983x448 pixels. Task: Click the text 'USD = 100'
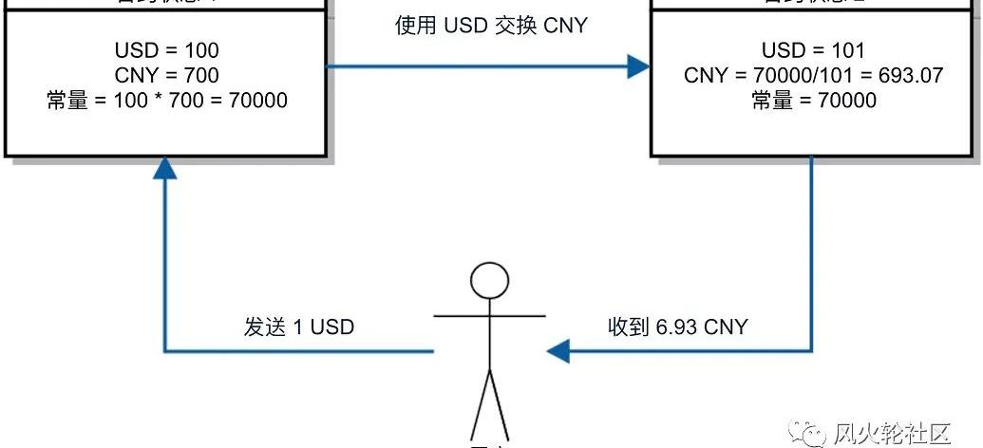coord(167,49)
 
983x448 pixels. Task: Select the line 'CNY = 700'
coord(167,74)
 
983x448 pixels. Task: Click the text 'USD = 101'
coord(813,49)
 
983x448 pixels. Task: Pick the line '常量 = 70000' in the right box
coord(813,99)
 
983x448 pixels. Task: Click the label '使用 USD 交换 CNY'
coord(491,25)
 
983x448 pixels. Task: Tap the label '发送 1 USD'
coord(299,327)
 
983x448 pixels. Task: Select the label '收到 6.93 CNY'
coord(678,327)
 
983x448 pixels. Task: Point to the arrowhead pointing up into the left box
coord(166,169)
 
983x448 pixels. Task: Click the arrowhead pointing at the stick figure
coord(558,352)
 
